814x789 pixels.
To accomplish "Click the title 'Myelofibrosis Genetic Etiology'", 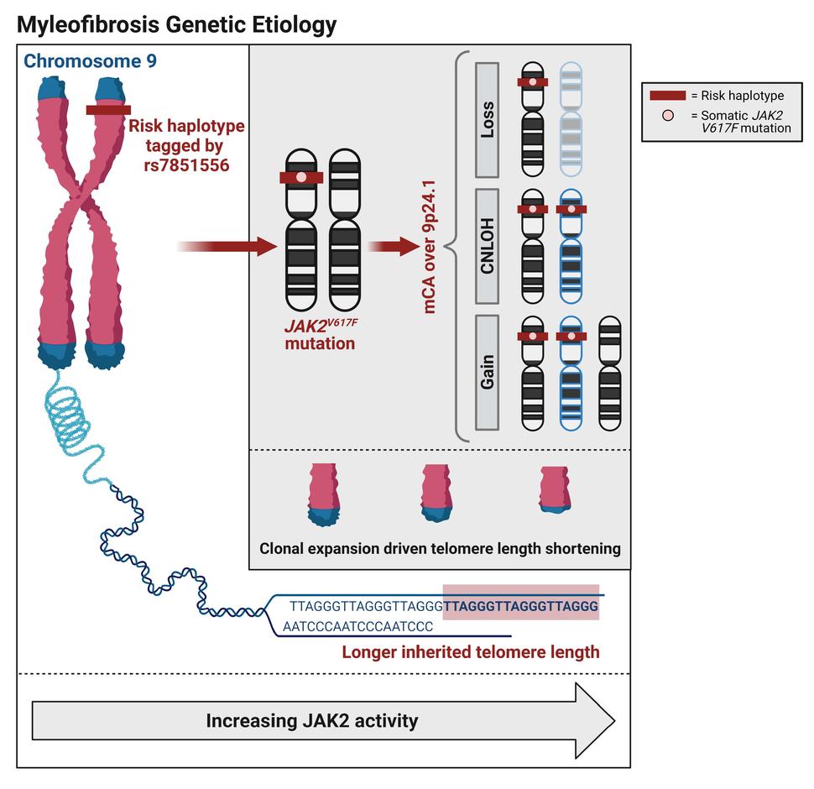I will coord(177,25).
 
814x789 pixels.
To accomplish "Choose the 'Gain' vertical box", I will coord(488,371).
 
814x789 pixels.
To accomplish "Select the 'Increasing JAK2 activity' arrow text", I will coord(312,720).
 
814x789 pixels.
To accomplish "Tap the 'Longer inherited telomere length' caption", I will coord(470,651).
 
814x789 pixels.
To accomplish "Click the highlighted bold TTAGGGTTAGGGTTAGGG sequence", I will coord(520,604).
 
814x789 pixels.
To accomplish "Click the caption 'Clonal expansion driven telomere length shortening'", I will coord(440,548).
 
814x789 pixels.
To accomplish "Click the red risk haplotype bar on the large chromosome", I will coord(107,109).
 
